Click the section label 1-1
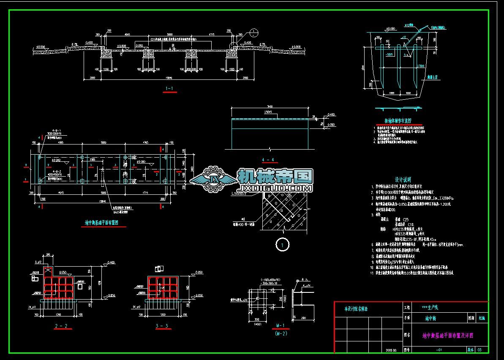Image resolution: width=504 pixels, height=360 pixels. pos(169,89)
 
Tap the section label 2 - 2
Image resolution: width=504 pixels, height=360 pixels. pos(61,326)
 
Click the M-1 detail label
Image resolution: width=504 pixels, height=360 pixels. pos(279,326)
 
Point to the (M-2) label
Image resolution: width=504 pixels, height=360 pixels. pos(279,333)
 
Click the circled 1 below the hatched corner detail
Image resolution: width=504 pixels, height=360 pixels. pos(282,244)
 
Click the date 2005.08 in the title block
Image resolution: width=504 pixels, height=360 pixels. pos(392,350)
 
